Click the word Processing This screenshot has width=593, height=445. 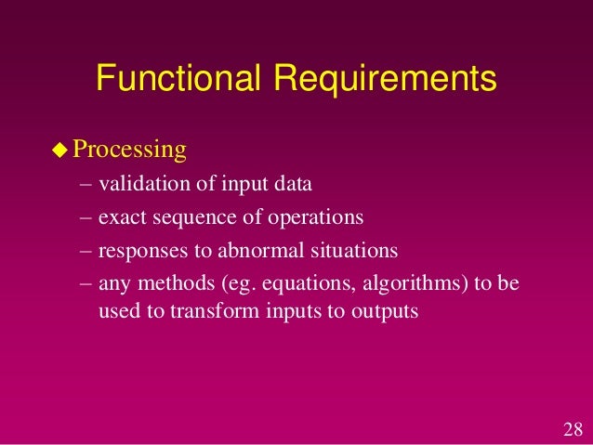pos(130,150)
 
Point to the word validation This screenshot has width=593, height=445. pos(144,184)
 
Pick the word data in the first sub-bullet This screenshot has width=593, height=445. pos(293,184)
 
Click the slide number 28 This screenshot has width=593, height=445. pos(573,429)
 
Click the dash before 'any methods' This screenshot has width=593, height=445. pos(86,285)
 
